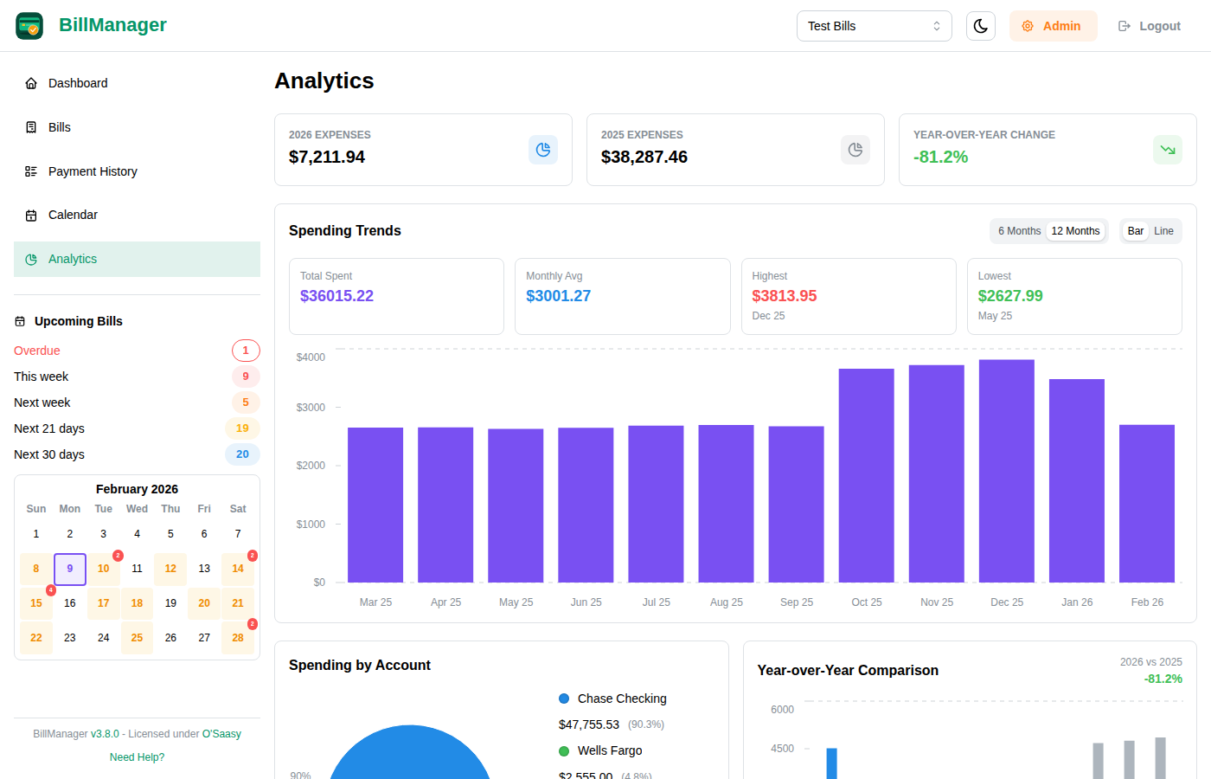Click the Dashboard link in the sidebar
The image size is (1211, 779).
point(78,83)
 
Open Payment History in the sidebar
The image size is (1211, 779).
point(93,171)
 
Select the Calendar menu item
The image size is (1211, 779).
point(73,215)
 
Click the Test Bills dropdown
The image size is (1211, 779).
point(874,26)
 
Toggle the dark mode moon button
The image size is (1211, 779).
point(980,26)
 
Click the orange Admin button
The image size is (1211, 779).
point(1053,26)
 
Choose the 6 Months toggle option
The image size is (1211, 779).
point(1019,231)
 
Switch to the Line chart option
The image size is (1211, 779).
point(1163,231)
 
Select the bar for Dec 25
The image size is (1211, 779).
point(1006,471)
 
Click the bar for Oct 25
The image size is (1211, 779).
point(866,475)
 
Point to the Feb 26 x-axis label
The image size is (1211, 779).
point(1147,602)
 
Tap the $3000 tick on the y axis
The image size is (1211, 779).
point(311,408)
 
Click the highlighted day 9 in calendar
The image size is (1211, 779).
point(70,569)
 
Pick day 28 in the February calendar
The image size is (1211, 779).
point(238,638)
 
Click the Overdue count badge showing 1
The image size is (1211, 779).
point(246,351)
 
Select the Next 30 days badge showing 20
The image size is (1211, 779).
point(242,454)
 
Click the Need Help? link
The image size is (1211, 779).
point(137,757)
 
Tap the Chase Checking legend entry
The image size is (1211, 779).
point(621,699)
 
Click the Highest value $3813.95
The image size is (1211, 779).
point(784,296)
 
